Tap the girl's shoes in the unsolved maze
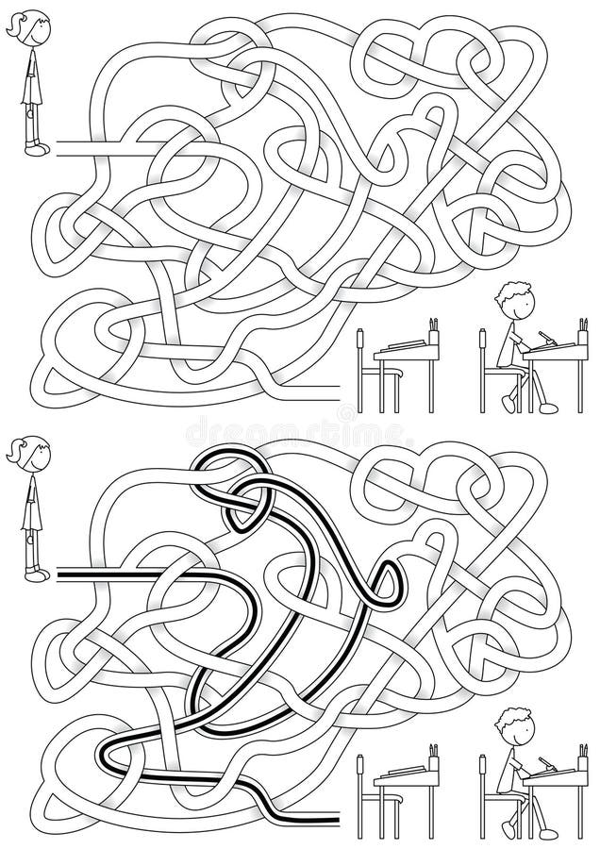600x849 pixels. pos(36,148)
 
